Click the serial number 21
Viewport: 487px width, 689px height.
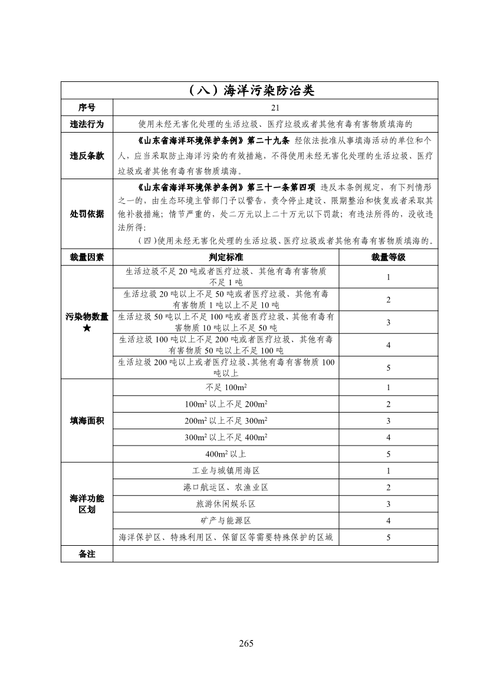pos(275,108)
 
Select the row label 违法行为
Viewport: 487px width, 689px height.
pos(87,124)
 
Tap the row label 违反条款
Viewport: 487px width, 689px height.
pos(87,156)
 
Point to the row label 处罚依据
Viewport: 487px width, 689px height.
pos(87,213)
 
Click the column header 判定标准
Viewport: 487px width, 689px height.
pos(226,258)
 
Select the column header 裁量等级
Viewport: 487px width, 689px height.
pos(388,258)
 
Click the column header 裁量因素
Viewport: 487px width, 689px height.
pos(87,258)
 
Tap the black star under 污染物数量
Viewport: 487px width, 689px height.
pos(87,328)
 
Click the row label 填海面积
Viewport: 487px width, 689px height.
pos(87,421)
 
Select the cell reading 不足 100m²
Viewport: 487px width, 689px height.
pos(226,388)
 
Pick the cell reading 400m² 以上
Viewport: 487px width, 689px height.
pos(226,454)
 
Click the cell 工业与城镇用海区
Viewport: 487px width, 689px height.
pos(226,471)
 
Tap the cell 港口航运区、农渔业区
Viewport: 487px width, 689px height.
pos(226,487)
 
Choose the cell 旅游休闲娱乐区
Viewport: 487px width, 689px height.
pos(226,504)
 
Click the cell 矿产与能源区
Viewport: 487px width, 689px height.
pos(226,520)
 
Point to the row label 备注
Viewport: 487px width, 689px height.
pos(87,554)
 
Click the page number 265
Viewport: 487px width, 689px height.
pos(246,643)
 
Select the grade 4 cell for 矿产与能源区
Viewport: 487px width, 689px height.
pos(388,520)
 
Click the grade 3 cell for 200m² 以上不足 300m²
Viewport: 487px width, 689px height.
pos(388,421)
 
